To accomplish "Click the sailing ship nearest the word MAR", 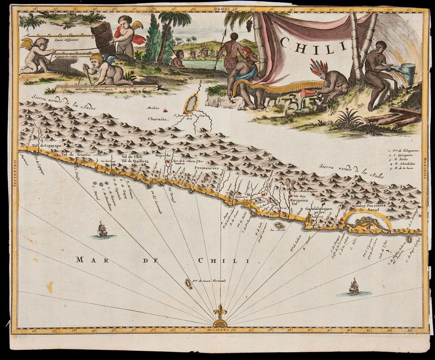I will (x=102, y=230).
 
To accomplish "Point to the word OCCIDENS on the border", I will (x=220, y=329).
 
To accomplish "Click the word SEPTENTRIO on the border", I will (x=15, y=173).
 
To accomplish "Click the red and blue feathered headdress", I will (x=318, y=67).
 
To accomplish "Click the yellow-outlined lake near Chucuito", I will (x=192, y=104).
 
